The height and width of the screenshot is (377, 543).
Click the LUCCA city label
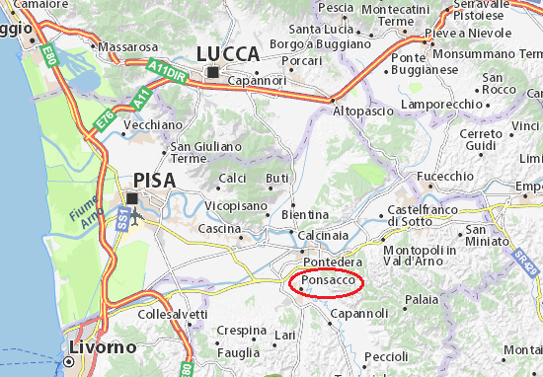click(228, 53)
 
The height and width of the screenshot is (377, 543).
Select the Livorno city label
click(103, 347)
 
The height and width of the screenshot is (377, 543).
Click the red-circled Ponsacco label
click(328, 281)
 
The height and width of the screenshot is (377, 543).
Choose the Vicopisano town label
click(236, 205)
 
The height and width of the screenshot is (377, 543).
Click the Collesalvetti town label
click(173, 314)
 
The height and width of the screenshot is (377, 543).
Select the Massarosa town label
click(129, 46)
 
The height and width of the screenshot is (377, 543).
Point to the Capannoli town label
click(359, 313)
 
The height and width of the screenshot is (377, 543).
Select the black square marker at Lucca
click(212, 72)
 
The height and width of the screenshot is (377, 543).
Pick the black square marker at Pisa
click(132, 198)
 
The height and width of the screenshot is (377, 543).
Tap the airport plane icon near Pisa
click(135, 213)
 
